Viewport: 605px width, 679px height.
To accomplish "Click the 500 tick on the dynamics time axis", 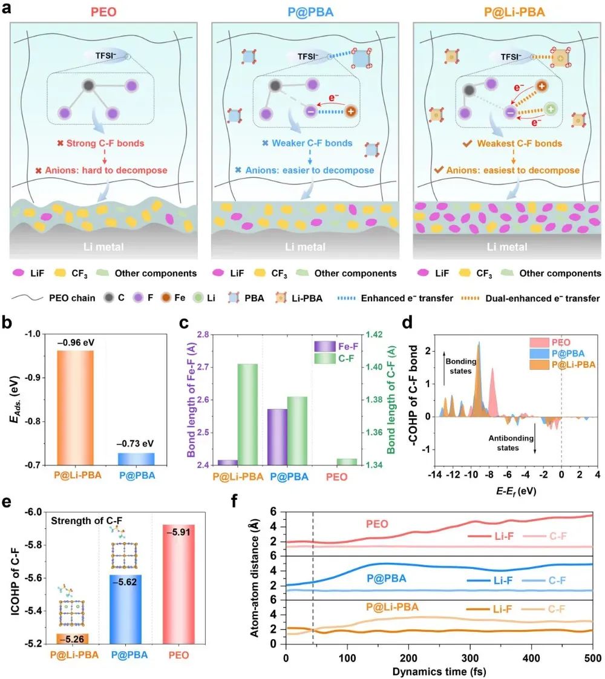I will point(592,658).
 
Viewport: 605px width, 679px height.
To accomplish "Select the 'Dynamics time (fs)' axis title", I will point(439,671).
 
